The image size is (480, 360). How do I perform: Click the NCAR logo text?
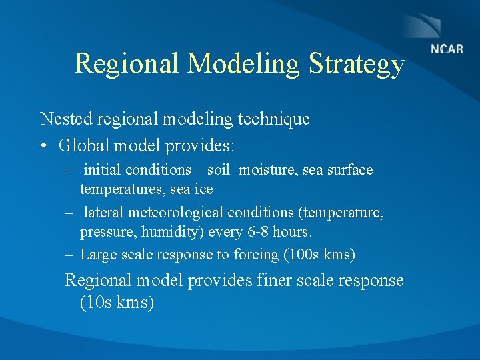point(446,49)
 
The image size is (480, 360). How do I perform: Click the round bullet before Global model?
point(44,145)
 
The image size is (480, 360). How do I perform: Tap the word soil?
point(218,170)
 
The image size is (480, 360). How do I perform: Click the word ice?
point(203,189)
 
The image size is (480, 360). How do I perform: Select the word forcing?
point(257,254)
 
